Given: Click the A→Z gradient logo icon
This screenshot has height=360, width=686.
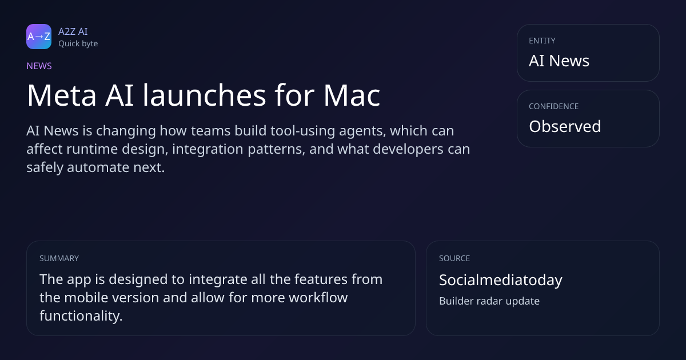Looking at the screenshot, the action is (39, 37).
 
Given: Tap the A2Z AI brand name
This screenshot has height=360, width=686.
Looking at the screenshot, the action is (73, 31).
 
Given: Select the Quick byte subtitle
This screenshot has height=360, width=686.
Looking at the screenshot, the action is (78, 44).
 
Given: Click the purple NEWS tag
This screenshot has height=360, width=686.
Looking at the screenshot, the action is (39, 66).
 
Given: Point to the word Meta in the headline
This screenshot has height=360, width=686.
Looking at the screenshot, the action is (62, 95).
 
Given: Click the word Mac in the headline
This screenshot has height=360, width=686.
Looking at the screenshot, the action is (352, 95).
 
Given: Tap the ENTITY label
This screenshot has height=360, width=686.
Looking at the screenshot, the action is (542, 41).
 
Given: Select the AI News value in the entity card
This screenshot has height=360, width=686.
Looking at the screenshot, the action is (559, 61).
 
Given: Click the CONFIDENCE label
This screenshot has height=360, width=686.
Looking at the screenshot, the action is (554, 106).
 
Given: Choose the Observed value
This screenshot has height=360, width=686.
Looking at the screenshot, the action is (565, 126).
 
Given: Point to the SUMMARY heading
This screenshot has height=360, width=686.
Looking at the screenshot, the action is (59, 258).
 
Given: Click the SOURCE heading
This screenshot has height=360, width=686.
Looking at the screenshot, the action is (454, 258).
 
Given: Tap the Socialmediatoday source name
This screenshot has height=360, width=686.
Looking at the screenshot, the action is (501, 280).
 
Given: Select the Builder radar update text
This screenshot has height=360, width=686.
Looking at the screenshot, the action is (489, 301).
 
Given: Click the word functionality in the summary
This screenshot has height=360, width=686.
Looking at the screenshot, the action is (81, 316).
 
